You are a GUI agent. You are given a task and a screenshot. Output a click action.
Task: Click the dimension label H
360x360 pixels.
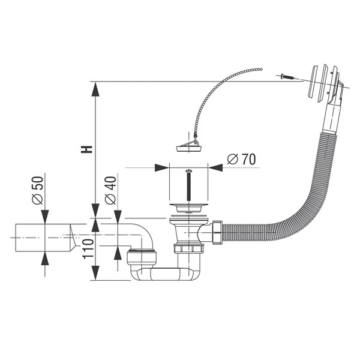(x=86, y=149)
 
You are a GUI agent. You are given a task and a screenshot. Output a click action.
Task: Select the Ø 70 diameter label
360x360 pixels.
(x=241, y=159)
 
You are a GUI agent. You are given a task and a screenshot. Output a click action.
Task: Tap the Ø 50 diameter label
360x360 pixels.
(x=38, y=190)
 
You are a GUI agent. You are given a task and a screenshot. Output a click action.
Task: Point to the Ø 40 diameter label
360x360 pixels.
(x=110, y=190)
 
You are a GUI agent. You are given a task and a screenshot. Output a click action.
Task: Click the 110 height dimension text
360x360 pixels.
(x=88, y=249)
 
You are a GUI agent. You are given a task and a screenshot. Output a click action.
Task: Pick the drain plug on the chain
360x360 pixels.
(x=190, y=146)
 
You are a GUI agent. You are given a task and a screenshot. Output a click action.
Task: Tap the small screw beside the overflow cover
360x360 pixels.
(x=287, y=76)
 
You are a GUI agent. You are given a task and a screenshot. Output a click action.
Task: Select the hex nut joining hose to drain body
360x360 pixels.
(x=218, y=233)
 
